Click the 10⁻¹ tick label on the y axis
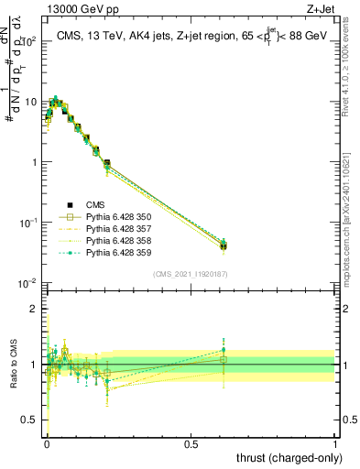27,223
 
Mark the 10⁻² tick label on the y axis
27,283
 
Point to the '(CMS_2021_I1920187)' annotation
191,273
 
